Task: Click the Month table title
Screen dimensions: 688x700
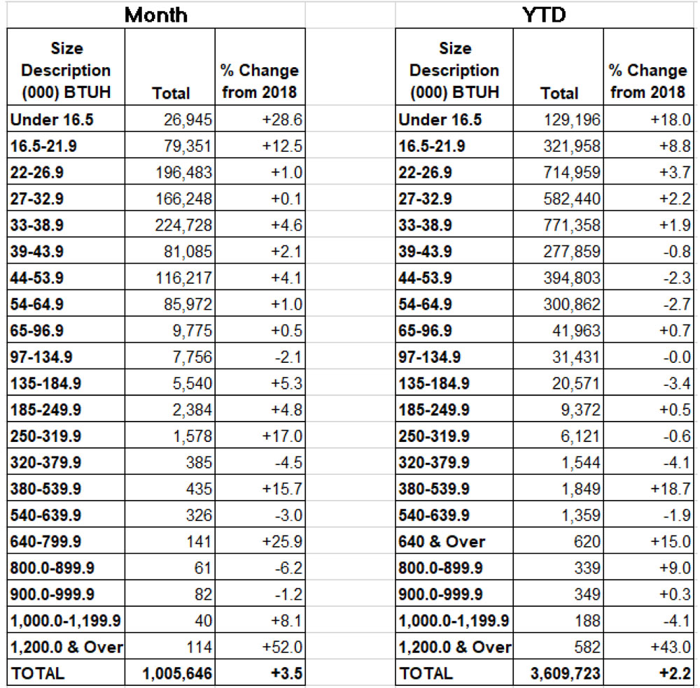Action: (x=155, y=14)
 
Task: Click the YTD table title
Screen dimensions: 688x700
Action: (x=544, y=14)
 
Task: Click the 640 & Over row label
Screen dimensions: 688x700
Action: (x=442, y=542)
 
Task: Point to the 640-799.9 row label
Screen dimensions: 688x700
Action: (x=45, y=542)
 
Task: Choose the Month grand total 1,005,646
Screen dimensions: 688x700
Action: (x=178, y=674)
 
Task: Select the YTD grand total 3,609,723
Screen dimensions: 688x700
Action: (x=566, y=674)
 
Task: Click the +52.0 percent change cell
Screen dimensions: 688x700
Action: (x=280, y=647)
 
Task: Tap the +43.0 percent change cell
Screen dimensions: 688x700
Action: (x=668, y=647)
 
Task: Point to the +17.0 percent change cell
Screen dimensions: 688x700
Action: (x=280, y=436)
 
